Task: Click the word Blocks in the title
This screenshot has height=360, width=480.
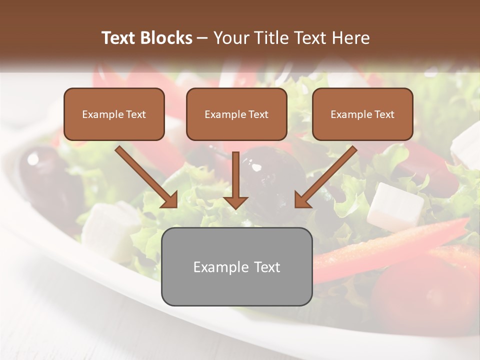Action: pos(167,38)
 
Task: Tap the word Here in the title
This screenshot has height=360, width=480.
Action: pos(350,38)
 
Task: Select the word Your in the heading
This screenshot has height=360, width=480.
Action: pos(229,38)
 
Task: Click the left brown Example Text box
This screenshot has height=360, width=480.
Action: pos(114,114)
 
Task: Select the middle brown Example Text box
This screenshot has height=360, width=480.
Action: pos(236,114)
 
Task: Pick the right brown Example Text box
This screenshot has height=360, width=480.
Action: pos(362,114)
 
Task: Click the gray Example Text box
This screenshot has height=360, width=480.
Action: pos(236,266)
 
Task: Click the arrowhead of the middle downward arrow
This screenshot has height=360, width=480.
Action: pos(235,201)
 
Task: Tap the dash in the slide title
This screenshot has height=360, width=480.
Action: pos(202,38)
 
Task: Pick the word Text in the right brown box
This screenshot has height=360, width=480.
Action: pos(384,114)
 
